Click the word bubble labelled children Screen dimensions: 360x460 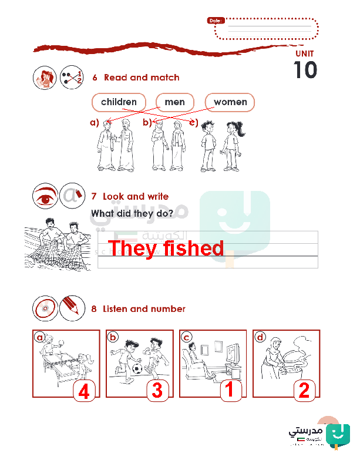tap(119, 102)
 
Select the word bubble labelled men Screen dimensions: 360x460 tap(175, 102)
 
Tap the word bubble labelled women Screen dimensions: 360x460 tap(230, 102)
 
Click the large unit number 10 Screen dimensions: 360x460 tap(305, 70)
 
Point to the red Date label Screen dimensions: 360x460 tap(216, 21)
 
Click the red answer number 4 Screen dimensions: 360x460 tap(84, 391)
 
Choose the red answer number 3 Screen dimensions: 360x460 tap(157, 391)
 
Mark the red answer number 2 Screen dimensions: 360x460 tap(304, 391)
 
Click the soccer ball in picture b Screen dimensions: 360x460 tap(137, 369)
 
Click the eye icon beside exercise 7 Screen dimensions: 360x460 tap(45, 196)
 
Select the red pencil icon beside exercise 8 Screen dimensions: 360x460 tap(72, 308)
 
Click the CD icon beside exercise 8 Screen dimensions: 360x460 tap(45, 308)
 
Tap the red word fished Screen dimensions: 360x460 tap(193, 248)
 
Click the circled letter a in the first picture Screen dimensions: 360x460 tap(39, 337)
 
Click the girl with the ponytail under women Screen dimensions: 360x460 tap(233, 146)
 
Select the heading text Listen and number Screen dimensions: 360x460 tap(144, 309)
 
